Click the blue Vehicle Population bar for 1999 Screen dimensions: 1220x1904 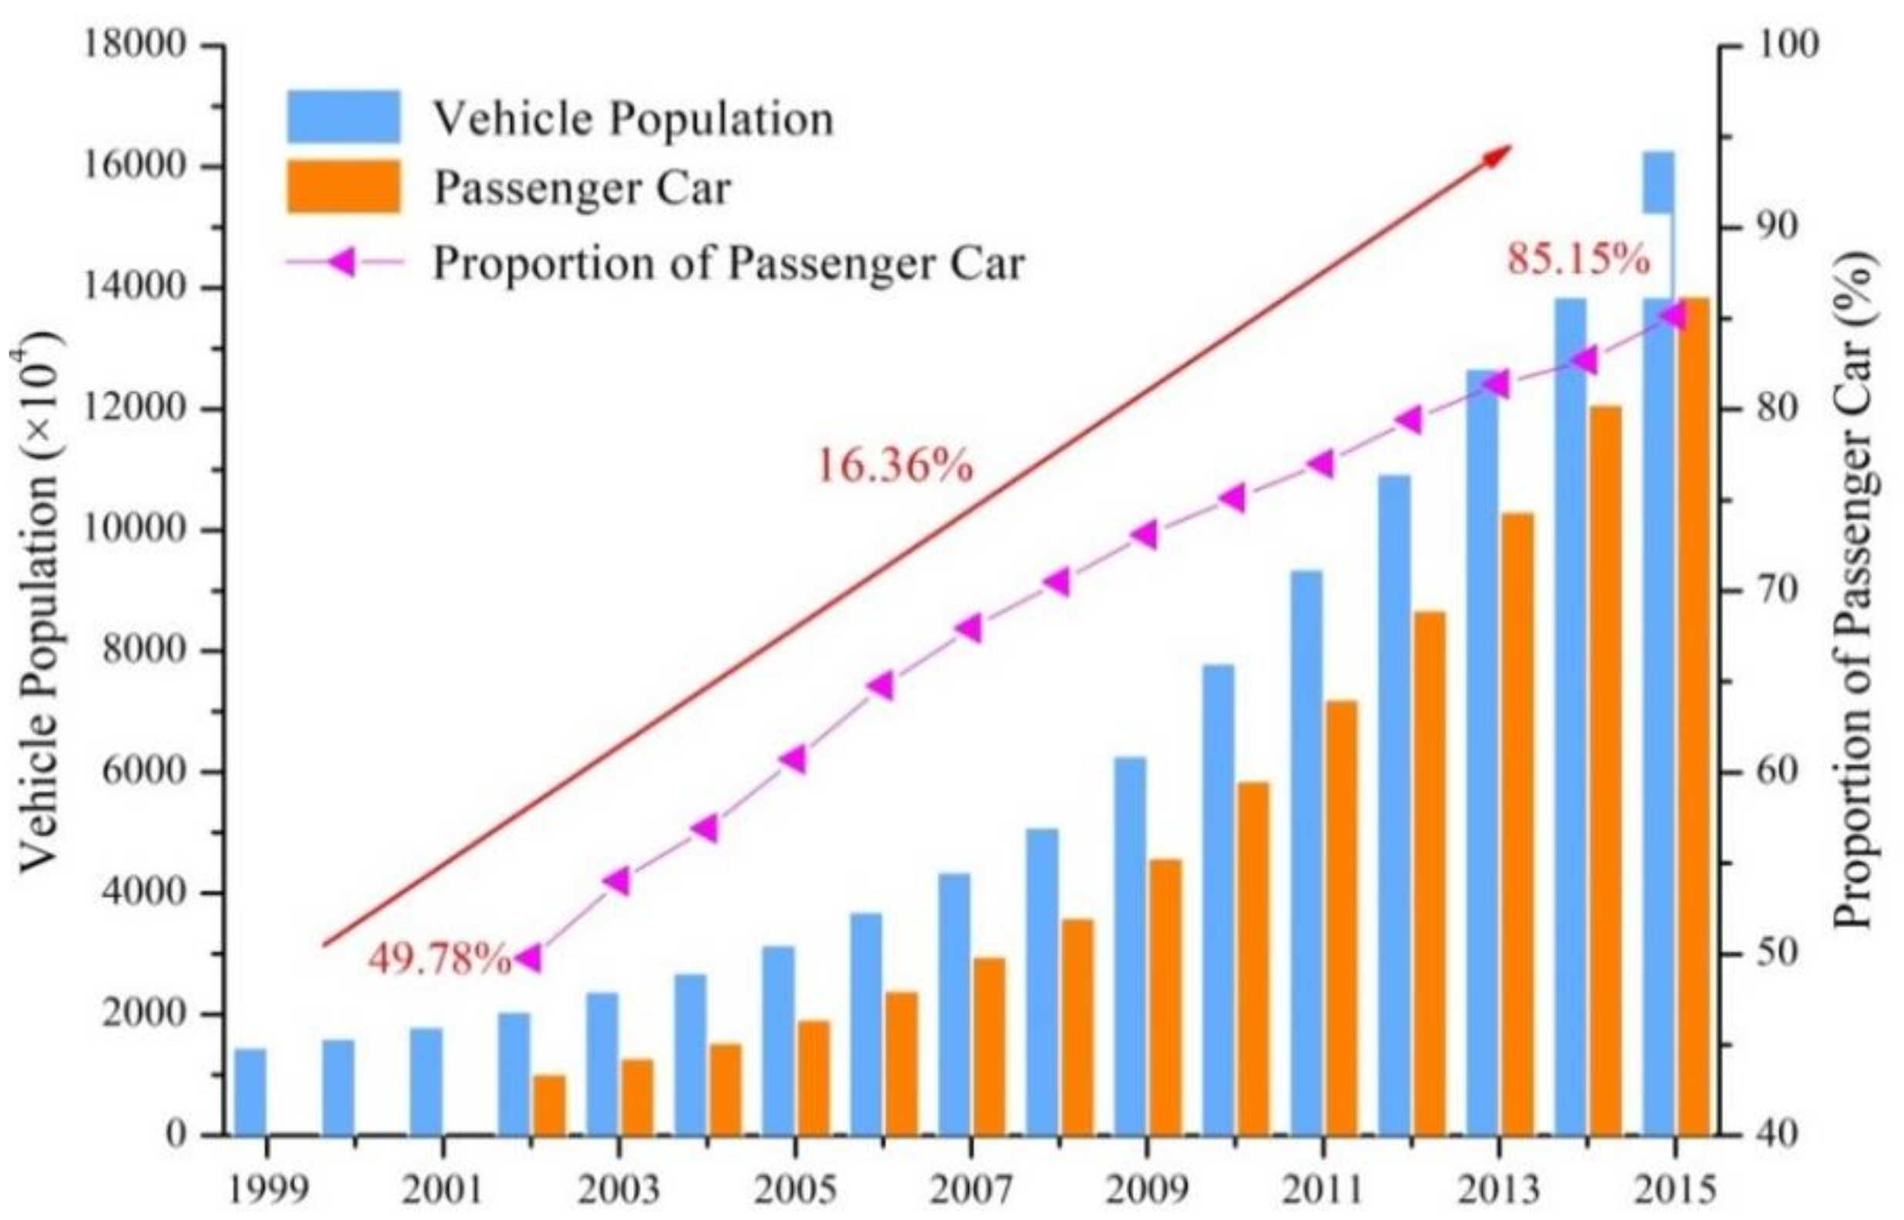click(250, 1091)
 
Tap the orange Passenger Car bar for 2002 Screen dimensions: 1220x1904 click(549, 1104)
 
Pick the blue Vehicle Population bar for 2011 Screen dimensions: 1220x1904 click(1306, 852)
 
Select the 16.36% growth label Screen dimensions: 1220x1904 click(894, 466)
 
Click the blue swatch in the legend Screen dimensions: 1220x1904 click(343, 116)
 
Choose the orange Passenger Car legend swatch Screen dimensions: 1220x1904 click(343, 187)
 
